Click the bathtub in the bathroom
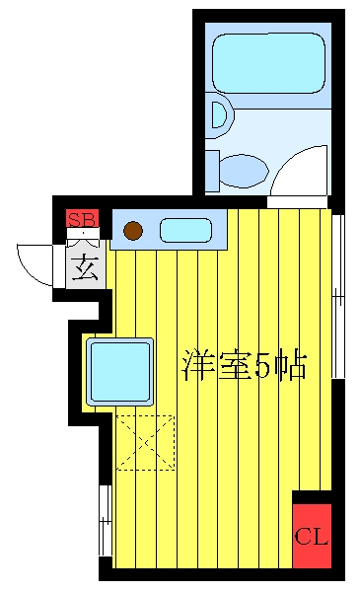click(x=268, y=63)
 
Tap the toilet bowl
click(x=244, y=171)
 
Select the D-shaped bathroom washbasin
click(x=220, y=114)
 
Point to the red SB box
click(x=82, y=219)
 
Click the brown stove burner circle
click(x=133, y=230)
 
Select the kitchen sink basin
click(x=185, y=230)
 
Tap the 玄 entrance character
click(x=85, y=267)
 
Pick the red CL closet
click(x=312, y=535)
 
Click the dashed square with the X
click(x=145, y=442)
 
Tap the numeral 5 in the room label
click(x=262, y=365)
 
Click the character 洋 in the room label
click(x=197, y=365)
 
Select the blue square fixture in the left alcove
click(x=119, y=372)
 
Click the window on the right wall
click(x=338, y=297)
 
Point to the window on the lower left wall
click(x=106, y=521)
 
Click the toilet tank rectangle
click(x=212, y=171)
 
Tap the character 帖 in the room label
click(x=290, y=365)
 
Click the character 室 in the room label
click(x=235, y=365)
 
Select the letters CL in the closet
click(x=312, y=536)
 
